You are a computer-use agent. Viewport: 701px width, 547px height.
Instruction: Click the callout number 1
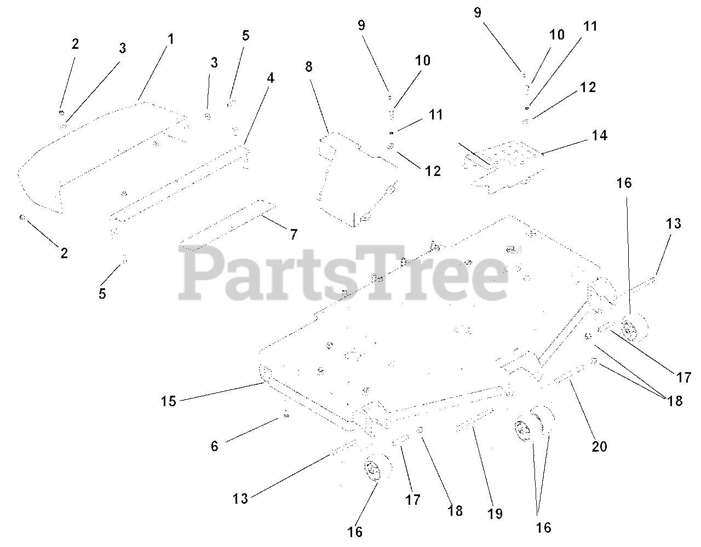coord(171,39)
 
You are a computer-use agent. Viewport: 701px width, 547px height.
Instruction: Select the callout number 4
coord(271,78)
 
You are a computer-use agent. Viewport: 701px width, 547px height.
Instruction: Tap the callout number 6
coord(215,446)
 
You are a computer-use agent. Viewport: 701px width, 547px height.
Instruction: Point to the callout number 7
coord(294,234)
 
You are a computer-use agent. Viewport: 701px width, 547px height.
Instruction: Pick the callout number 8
coord(309,67)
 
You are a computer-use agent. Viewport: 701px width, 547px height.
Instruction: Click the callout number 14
coord(599,135)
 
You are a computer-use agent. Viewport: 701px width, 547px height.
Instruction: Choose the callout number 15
coord(168,401)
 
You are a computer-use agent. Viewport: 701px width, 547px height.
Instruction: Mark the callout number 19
coord(495,514)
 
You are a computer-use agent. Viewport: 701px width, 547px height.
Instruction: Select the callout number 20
coord(599,447)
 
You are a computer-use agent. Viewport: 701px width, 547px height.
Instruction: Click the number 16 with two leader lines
coord(544,528)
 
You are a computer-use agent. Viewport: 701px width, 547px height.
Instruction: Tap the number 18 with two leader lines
coord(675,401)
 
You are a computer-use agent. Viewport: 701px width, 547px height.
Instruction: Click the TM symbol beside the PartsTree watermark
coord(513,249)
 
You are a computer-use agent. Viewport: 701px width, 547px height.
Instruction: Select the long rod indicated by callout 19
coord(474,419)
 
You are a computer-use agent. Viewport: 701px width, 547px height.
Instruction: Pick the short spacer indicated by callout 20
coord(568,373)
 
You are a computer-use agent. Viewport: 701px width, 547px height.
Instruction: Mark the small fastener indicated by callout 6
coord(286,415)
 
